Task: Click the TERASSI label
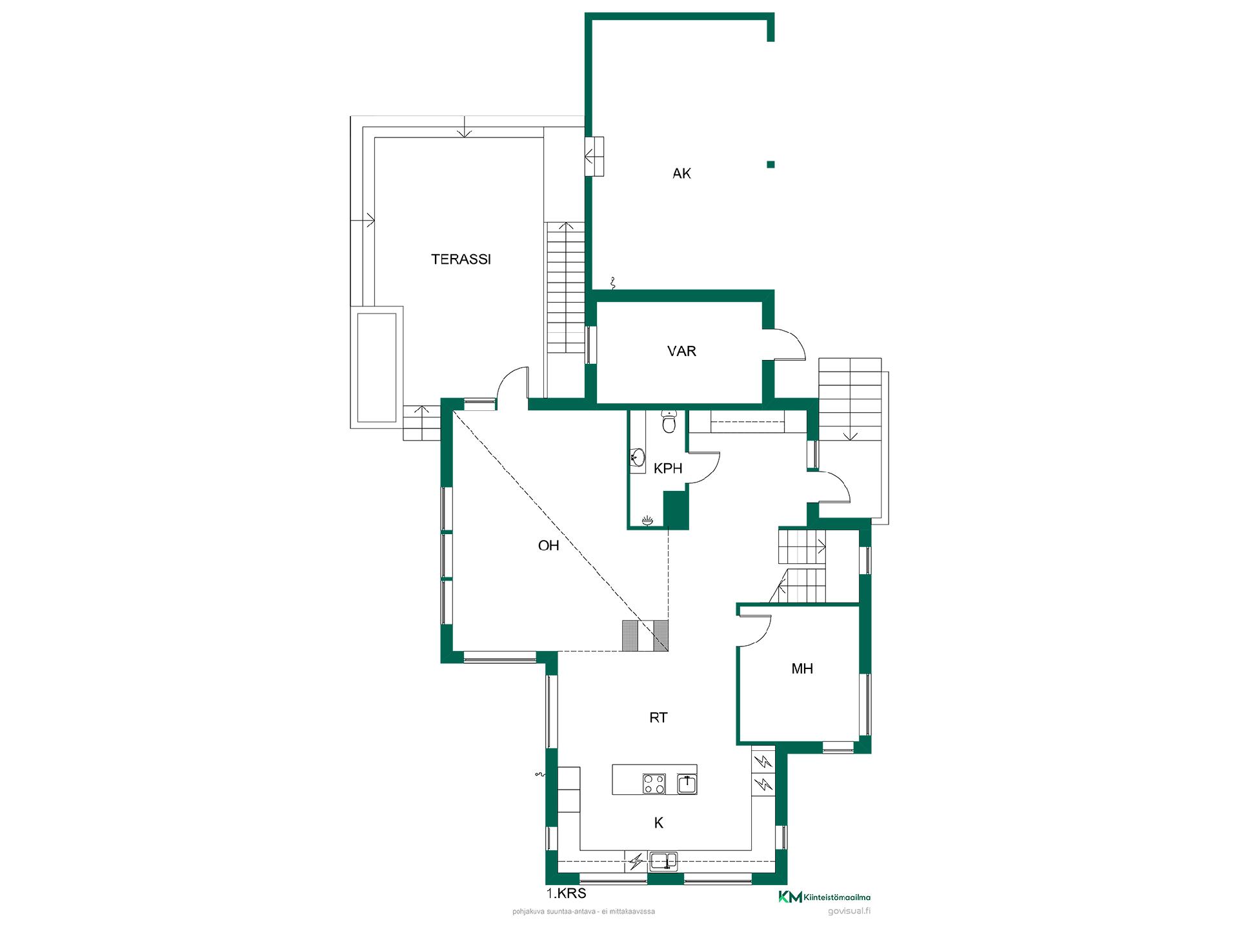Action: (x=461, y=259)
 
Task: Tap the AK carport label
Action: (x=681, y=173)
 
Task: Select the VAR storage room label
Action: (x=681, y=351)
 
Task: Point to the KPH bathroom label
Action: (x=668, y=468)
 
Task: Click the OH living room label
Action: (x=549, y=546)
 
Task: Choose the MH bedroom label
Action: (x=802, y=669)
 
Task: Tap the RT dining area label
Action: (x=658, y=717)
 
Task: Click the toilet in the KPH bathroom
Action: (x=669, y=422)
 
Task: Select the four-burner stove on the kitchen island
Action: (x=654, y=783)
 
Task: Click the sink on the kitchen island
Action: (x=687, y=784)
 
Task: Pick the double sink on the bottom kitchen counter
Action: (x=663, y=861)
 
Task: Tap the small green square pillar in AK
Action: (x=771, y=165)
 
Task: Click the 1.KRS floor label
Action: (x=566, y=894)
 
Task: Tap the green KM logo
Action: (x=791, y=897)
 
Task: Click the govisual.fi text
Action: (x=849, y=911)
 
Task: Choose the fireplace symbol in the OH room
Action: (x=645, y=635)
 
